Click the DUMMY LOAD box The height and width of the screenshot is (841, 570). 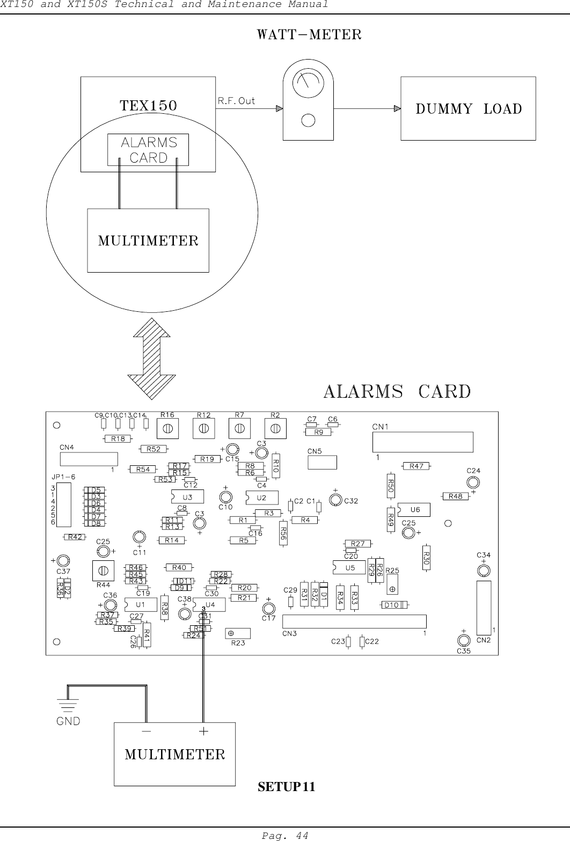click(468, 108)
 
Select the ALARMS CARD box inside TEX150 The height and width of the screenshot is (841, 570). click(148, 150)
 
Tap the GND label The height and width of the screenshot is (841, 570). click(68, 721)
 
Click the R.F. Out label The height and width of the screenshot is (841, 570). click(236, 100)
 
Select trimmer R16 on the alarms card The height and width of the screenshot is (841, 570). click(167, 428)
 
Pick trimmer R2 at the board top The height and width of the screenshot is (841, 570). click(275, 428)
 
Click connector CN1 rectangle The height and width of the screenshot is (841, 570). click(423, 442)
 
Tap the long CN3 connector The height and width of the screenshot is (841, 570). click(354, 621)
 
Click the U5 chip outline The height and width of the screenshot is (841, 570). click(348, 567)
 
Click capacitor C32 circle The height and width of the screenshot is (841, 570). click(335, 500)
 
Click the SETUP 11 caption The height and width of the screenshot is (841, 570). click(287, 787)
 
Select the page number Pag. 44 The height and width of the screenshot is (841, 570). click(284, 835)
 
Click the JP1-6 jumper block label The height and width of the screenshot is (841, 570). click(63, 476)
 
